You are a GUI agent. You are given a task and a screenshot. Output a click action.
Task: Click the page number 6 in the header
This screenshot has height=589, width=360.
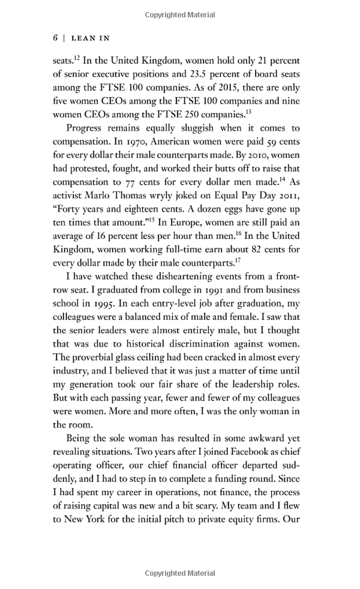(x=55, y=38)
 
